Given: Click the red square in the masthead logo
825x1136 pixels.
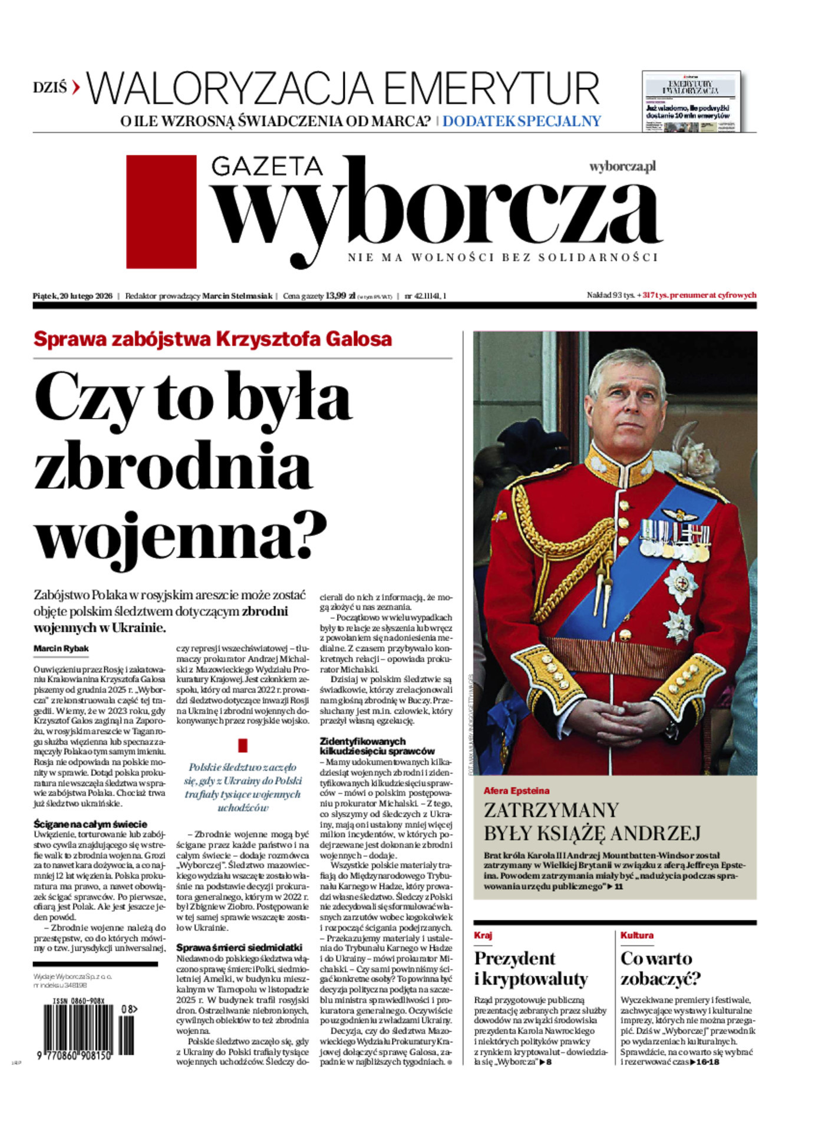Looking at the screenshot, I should pyautogui.click(x=161, y=212).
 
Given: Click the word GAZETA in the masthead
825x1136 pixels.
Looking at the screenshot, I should pyautogui.click(x=267, y=167).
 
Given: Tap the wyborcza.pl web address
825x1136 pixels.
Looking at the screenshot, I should pyautogui.click(x=622, y=167).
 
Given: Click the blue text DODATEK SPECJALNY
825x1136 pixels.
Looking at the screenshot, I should pyautogui.click(x=522, y=121).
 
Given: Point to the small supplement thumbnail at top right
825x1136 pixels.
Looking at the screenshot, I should pyautogui.click(x=691, y=102).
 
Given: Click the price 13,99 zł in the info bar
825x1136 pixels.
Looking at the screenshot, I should pyautogui.click(x=340, y=296).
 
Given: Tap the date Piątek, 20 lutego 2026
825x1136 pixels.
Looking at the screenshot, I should pyautogui.click(x=72, y=296).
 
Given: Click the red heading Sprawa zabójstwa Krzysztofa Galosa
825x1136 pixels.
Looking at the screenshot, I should pyautogui.click(x=213, y=339).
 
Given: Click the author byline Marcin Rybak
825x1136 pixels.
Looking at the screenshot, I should pyautogui.click(x=61, y=649).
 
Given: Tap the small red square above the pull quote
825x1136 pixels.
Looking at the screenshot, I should pyautogui.click(x=242, y=745).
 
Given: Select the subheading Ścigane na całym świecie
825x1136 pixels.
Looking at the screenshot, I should pyautogui.click(x=90, y=824).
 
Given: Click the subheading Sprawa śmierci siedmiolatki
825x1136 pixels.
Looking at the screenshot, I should pyautogui.click(x=239, y=947).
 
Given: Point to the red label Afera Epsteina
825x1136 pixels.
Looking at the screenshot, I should pyautogui.click(x=516, y=791).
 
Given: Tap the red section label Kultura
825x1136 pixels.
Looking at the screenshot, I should pyautogui.click(x=636, y=935).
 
